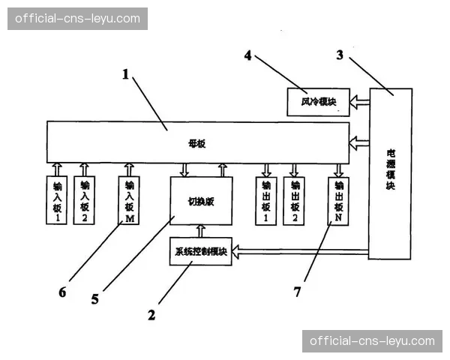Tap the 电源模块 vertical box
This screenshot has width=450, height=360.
[390, 172]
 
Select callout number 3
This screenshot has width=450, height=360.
[340, 54]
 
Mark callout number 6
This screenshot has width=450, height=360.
[63, 291]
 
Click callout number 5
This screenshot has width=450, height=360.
[95, 298]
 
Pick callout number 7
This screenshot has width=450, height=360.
[297, 292]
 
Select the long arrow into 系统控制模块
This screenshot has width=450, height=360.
[300, 251]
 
